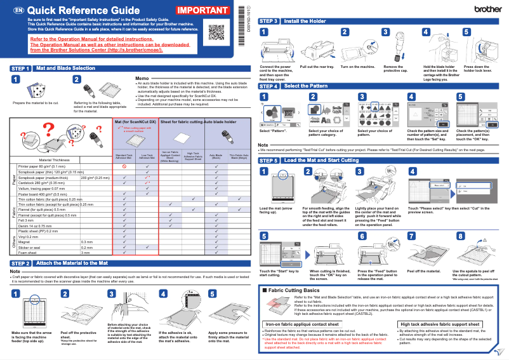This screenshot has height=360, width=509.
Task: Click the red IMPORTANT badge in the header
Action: [203, 11]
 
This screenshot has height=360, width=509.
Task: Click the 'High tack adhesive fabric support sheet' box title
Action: [439, 324]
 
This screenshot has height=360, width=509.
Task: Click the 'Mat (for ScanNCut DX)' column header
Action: [135, 121]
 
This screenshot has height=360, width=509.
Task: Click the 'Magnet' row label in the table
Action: [26, 242]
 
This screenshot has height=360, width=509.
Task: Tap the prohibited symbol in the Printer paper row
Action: [124, 166]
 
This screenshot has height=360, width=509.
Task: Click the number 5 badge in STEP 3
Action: [466, 32]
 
